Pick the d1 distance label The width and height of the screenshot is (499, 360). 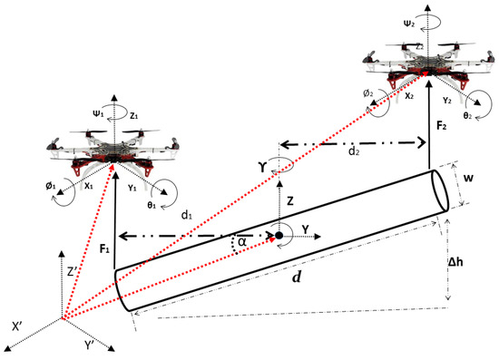point(187,216)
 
